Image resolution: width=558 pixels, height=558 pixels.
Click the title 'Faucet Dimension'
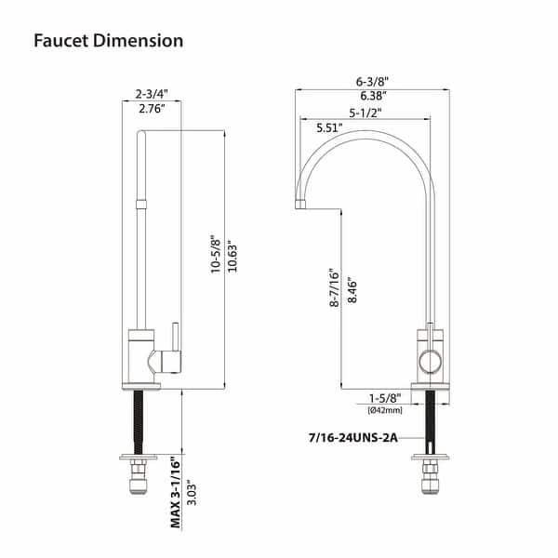click(109, 41)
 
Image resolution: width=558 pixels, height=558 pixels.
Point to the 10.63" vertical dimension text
click(233, 254)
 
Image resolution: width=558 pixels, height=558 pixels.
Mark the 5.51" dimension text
click(331, 127)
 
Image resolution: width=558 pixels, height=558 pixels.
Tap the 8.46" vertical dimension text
click(351, 291)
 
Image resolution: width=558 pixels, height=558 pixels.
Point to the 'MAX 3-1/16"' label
click(174, 491)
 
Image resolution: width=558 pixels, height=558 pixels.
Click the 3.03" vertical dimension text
click(192, 491)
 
